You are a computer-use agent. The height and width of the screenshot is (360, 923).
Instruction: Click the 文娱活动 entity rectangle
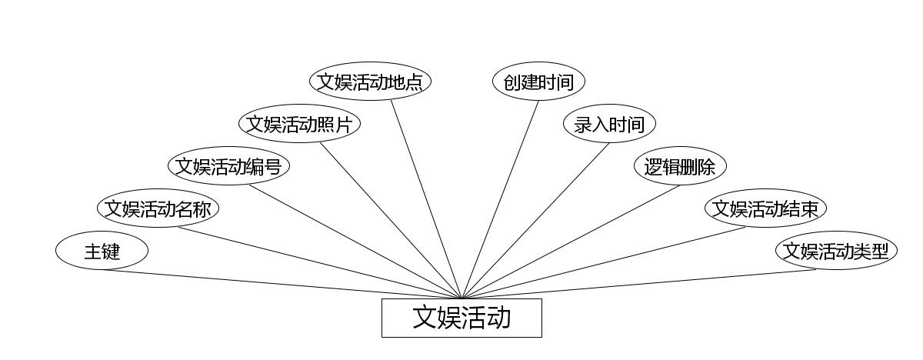[x=461, y=318]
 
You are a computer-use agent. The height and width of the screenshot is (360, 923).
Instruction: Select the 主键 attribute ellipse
[x=102, y=251]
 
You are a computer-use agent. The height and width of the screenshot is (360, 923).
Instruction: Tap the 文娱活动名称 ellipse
[x=158, y=208]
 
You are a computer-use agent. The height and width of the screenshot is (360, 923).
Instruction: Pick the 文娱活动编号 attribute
[x=228, y=166]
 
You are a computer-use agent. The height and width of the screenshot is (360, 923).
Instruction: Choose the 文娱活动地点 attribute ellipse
[x=370, y=82]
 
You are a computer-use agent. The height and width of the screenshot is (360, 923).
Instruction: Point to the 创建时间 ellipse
[x=538, y=82]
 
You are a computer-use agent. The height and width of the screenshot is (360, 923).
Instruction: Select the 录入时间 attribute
[x=609, y=124]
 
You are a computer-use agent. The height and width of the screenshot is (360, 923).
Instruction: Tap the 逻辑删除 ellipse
[x=680, y=166]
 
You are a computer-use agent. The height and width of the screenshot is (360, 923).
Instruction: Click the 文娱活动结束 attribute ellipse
[x=765, y=208]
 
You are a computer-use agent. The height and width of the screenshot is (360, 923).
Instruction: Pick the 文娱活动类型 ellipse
[x=836, y=251]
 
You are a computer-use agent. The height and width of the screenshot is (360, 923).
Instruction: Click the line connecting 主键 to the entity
[x=282, y=284]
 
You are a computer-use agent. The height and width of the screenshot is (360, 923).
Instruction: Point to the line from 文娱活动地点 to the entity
[x=425, y=199]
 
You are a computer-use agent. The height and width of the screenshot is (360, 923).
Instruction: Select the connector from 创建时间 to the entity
[x=500, y=199]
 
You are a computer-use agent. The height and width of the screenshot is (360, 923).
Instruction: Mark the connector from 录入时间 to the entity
[x=535, y=221]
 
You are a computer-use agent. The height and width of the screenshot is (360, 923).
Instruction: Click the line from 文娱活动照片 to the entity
[x=391, y=221]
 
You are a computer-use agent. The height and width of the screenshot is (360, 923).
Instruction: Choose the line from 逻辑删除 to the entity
[x=571, y=242]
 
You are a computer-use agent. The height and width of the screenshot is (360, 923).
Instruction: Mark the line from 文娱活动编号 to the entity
[x=354, y=242]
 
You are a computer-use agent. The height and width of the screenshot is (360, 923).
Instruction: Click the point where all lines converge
[x=461, y=298]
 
